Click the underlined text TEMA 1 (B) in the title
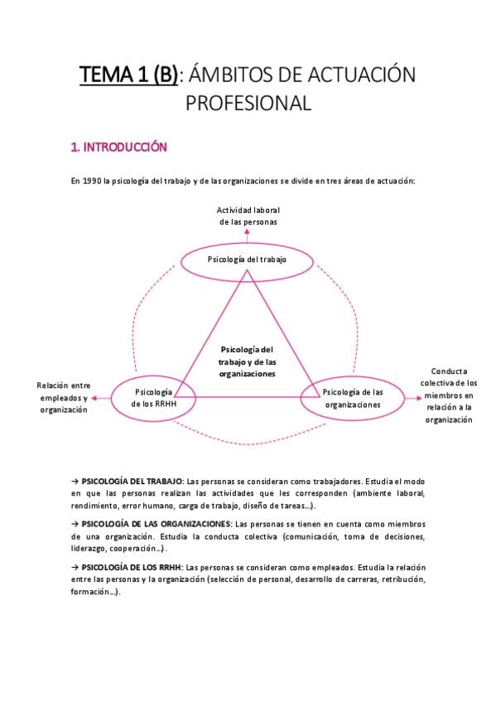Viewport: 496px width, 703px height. point(128,75)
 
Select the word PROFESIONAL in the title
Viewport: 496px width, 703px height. point(248,103)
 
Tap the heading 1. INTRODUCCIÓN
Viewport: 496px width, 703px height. point(119,147)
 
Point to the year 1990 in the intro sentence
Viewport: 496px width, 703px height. point(92,181)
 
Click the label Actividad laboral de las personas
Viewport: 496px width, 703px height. point(248,216)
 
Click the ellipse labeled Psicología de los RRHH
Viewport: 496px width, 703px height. point(153,376)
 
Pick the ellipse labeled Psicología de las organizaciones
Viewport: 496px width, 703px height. point(352,377)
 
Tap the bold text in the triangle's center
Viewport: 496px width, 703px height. point(247,361)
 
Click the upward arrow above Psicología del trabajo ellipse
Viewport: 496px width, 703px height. point(247,235)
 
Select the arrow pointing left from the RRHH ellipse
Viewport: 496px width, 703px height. point(101,398)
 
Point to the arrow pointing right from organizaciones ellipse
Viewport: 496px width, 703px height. point(413,398)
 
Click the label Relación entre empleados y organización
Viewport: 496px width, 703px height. point(64,398)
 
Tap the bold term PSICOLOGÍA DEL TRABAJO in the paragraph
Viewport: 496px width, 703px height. point(132,482)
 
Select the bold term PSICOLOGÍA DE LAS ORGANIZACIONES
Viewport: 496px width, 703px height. point(157,524)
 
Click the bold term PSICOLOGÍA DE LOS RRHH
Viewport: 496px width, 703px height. point(132,567)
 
